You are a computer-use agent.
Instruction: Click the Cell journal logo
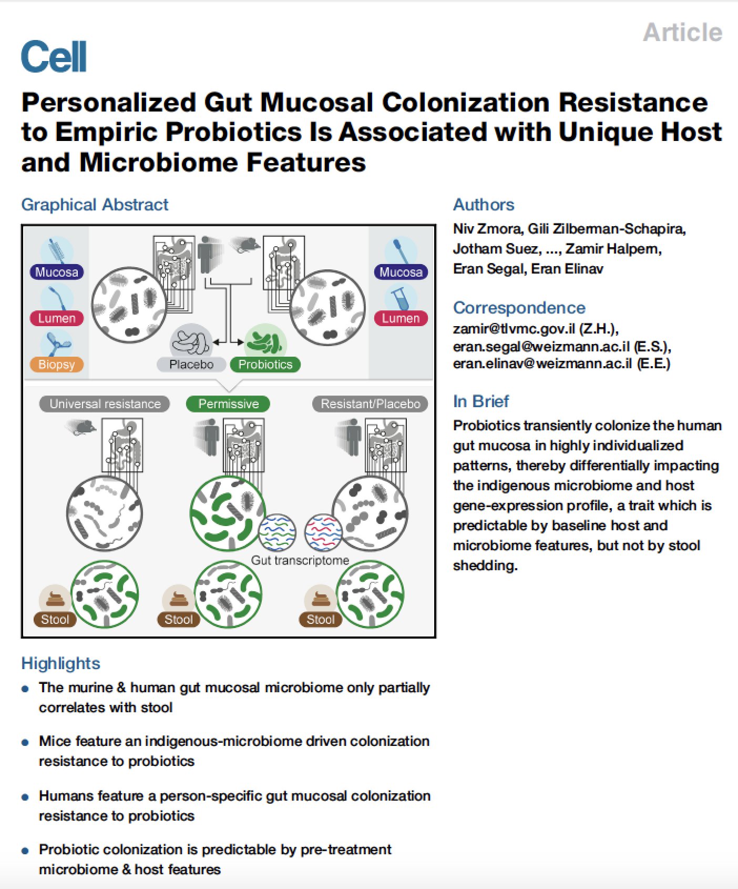pos(54,57)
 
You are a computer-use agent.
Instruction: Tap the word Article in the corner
pos(682,33)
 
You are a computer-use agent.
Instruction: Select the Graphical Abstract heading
pos(95,205)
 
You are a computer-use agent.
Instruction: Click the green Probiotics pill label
pos(265,365)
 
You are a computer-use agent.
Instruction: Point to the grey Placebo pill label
pos(191,365)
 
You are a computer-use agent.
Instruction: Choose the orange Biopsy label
pos(57,365)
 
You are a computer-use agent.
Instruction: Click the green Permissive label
pos(228,404)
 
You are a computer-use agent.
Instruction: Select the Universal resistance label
pos(105,404)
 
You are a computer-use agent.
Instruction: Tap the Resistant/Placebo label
pos(370,404)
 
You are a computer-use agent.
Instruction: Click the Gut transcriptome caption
pos(300,560)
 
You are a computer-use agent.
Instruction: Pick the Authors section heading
pos(484,205)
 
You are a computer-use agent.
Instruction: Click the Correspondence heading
pos(519,308)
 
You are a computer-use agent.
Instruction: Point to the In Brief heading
pos(481,401)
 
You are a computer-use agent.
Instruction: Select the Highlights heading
pos(60,663)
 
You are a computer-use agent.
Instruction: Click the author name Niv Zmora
pos(487,229)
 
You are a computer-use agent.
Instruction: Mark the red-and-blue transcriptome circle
pos(323,532)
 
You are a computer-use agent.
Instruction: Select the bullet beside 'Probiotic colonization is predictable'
pos(25,851)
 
